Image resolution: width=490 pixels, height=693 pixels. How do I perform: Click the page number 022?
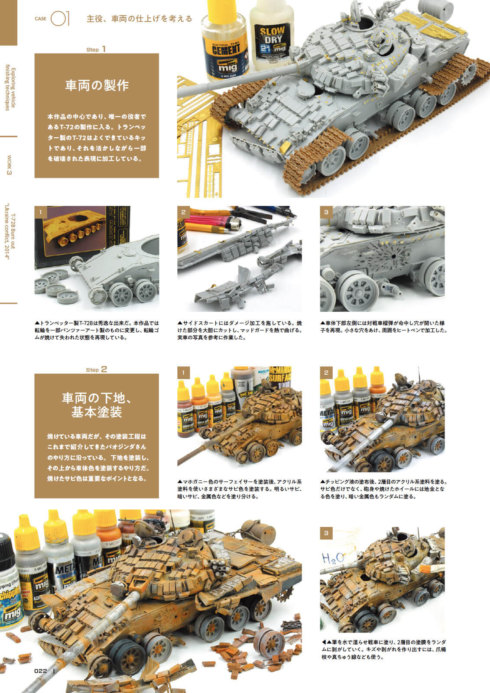[x=41, y=671]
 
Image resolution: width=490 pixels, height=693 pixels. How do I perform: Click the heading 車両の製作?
[x=97, y=86]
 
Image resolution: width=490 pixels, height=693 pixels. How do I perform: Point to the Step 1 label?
[x=96, y=49]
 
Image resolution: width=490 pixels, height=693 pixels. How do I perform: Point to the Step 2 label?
[x=96, y=370]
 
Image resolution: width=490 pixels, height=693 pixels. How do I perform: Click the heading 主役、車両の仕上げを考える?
[x=140, y=19]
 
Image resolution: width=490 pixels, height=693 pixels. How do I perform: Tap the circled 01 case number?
[x=60, y=19]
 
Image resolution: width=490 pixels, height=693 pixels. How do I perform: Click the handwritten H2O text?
[x=333, y=558]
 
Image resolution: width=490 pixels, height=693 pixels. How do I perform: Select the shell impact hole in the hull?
[x=393, y=256]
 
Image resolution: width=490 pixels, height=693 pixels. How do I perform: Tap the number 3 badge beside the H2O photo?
[x=326, y=533]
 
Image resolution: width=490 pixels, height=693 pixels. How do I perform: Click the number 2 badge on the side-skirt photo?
[x=183, y=212]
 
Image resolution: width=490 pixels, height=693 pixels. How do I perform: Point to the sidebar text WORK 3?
[x=9, y=165]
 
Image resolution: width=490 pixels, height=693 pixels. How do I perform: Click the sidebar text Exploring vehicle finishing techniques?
[x=10, y=89]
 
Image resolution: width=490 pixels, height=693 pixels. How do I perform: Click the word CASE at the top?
[x=40, y=19]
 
